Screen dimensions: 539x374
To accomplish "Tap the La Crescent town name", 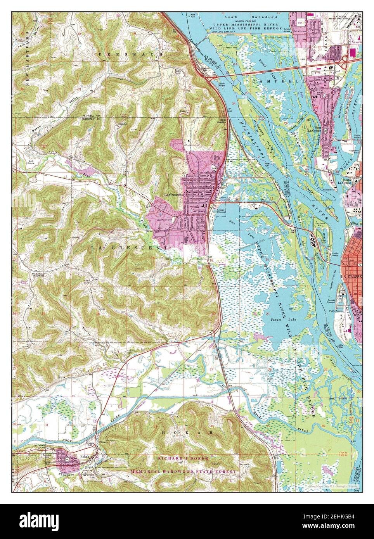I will point(173,195).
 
